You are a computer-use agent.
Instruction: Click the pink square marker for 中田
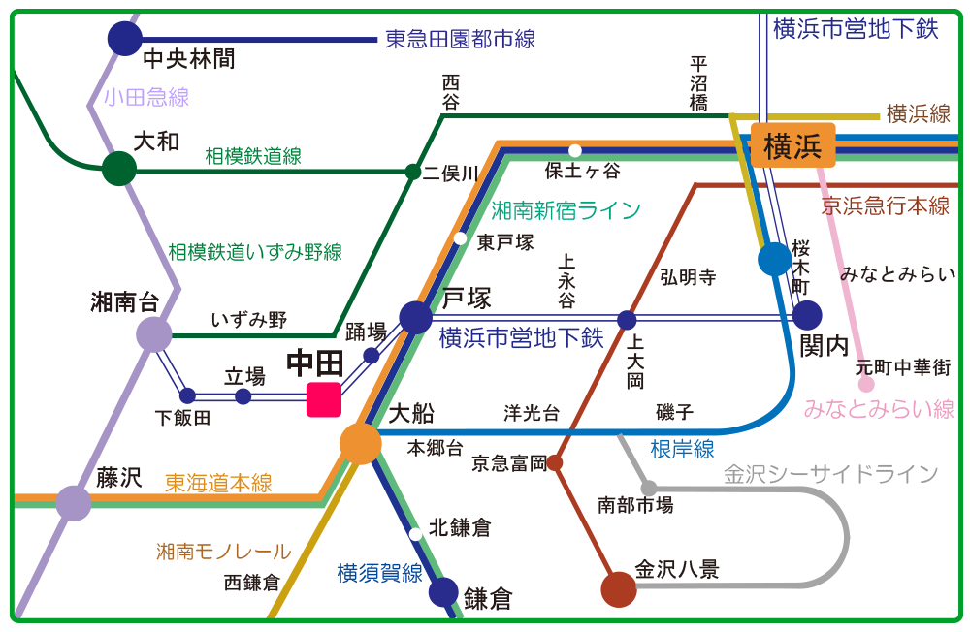point(324,399)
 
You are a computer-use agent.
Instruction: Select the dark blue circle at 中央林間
point(124,39)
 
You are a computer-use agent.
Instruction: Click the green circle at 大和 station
point(119,169)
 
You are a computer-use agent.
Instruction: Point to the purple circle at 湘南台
point(153,335)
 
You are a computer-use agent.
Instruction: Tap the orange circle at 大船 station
point(361,444)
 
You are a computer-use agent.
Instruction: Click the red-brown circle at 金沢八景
point(619,588)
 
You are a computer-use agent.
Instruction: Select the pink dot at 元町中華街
point(866,384)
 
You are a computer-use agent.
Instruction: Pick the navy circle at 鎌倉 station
point(443,591)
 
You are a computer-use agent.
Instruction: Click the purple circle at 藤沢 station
point(74,503)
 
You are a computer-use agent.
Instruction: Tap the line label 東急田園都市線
point(460,40)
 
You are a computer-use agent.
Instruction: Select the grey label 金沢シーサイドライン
point(831,474)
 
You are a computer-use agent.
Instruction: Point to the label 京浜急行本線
point(885,205)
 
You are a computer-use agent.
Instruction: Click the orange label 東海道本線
point(218,482)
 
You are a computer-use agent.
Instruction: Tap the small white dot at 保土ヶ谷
point(575,150)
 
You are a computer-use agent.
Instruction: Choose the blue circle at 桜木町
point(774,259)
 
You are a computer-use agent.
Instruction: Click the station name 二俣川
point(451,174)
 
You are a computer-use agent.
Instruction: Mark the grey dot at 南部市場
point(648,487)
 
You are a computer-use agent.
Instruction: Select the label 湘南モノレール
point(224,552)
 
